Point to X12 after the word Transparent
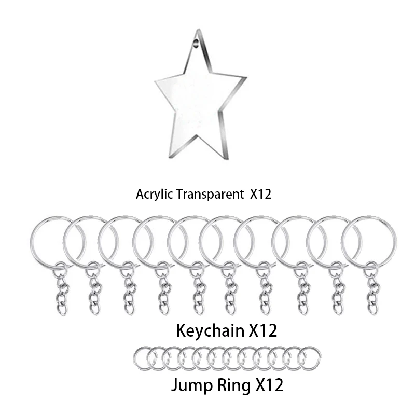261,195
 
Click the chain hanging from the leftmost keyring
62,290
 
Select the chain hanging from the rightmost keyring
372,290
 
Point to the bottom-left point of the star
169,156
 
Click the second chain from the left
94,290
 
